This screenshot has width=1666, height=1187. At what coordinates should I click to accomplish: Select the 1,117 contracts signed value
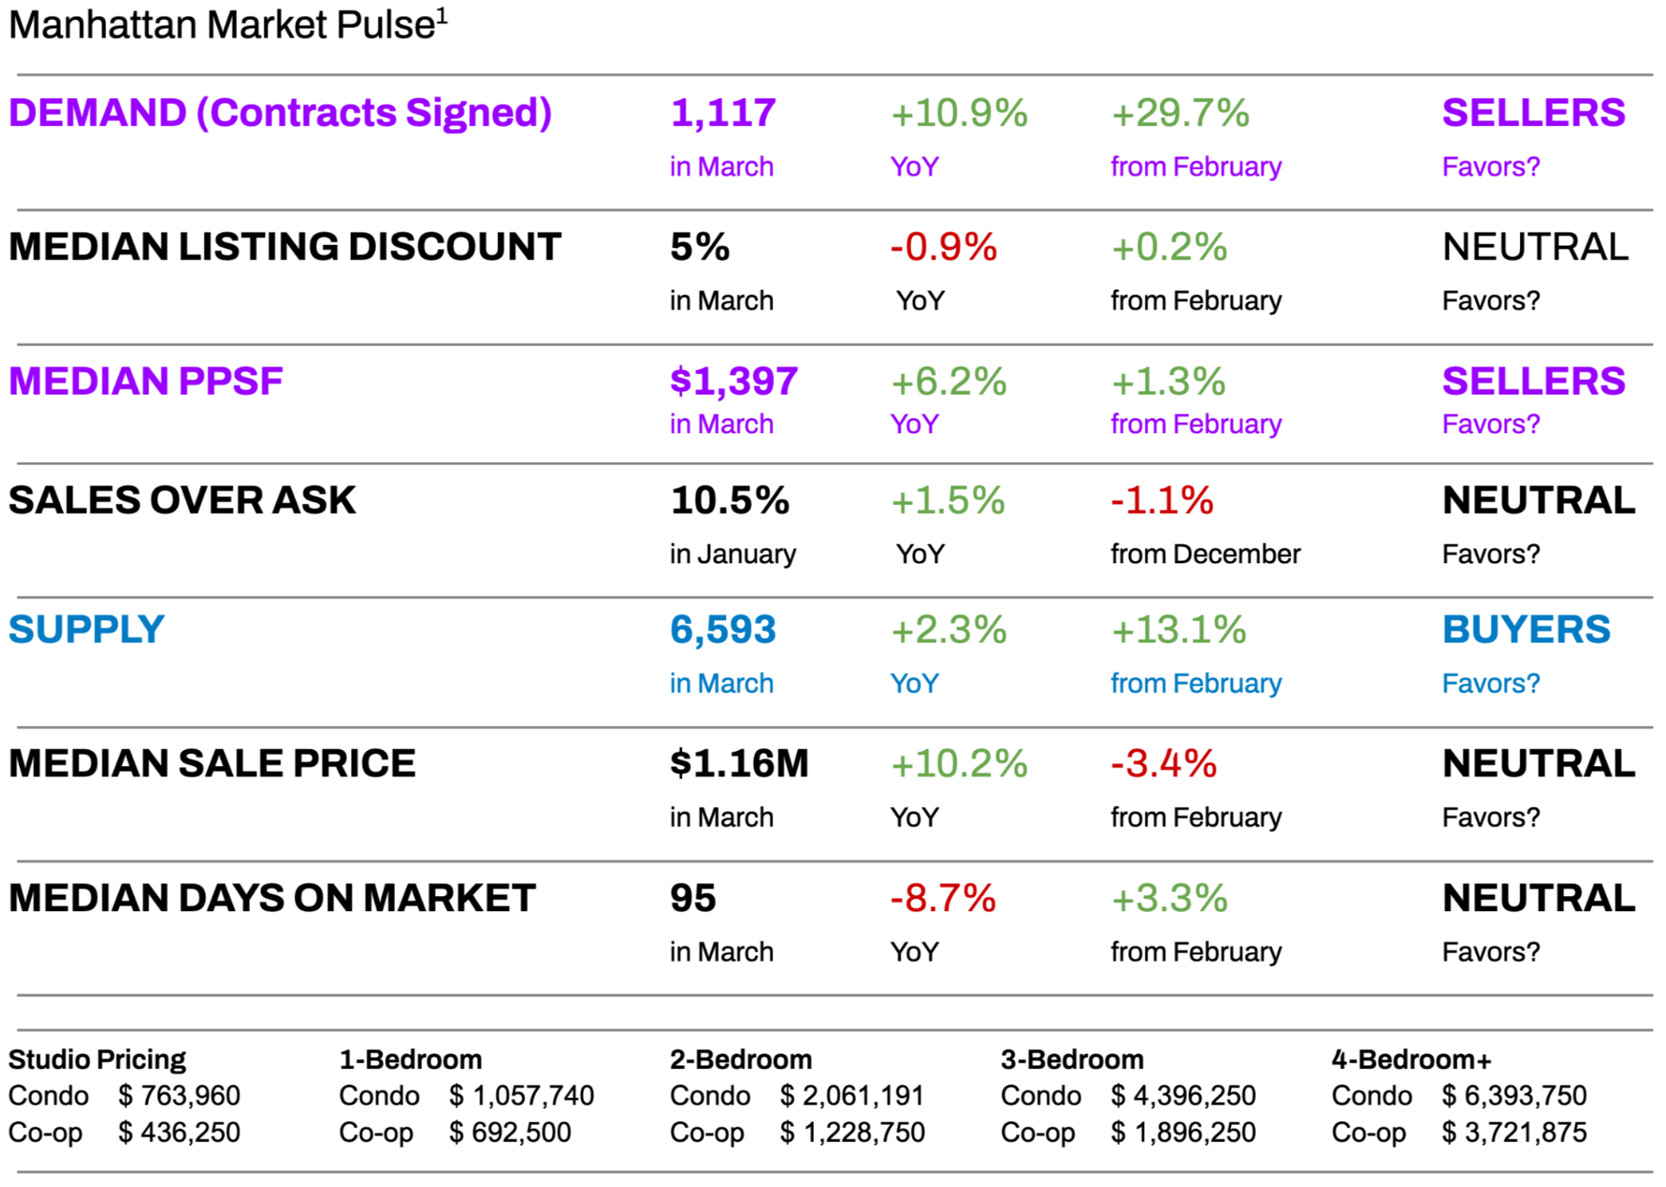point(723,113)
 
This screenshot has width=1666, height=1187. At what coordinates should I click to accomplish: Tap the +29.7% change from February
point(1180,113)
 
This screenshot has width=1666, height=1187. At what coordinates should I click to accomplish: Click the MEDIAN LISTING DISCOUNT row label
point(285,246)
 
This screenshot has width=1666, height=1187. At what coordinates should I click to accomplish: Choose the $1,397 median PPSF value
point(733,381)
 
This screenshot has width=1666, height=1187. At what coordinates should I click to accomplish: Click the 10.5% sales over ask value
point(729,500)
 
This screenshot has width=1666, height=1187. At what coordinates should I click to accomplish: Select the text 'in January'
point(732,554)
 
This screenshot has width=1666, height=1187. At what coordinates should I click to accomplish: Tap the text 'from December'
point(1205,554)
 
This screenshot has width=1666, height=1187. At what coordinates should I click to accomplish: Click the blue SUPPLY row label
point(86,629)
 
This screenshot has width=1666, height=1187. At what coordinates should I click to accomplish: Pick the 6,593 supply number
point(723,629)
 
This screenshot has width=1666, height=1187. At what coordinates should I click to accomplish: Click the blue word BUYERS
point(1525,629)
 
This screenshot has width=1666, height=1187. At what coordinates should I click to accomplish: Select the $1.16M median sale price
point(738,764)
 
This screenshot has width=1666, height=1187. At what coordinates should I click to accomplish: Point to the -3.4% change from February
point(1164,764)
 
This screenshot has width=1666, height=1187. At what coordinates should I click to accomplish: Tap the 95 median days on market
point(692,898)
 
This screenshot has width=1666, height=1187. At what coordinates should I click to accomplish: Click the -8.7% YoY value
point(942,898)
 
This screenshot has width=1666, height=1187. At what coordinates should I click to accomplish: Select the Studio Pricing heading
point(97,1059)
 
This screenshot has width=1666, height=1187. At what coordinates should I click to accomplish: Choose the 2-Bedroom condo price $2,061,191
point(851,1096)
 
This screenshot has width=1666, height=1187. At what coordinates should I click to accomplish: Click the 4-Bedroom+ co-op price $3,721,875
point(1514,1132)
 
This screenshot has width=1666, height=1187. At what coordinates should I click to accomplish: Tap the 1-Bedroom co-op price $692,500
point(510,1132)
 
